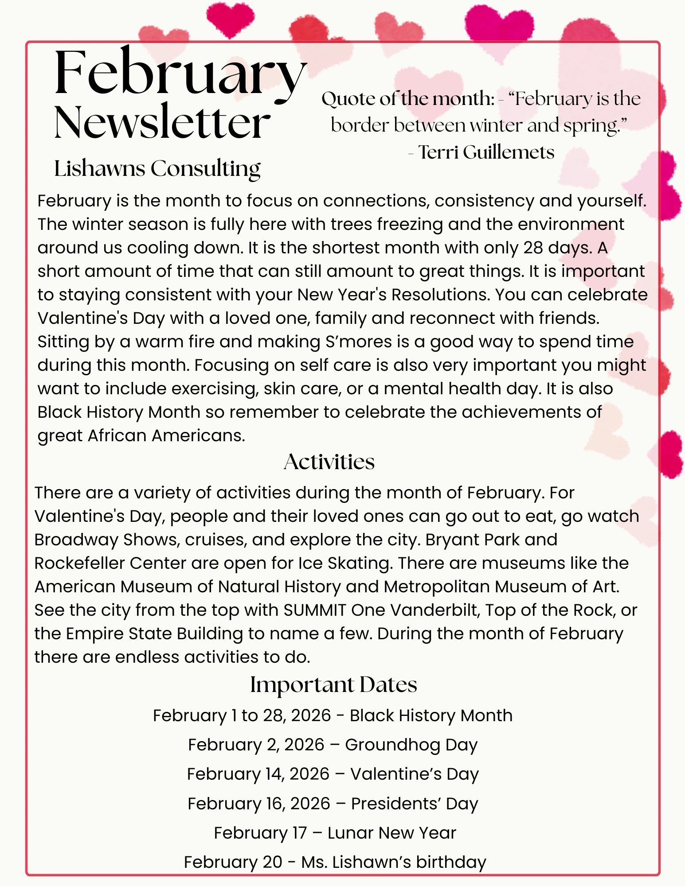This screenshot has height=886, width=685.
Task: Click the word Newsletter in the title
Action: click(162, 122)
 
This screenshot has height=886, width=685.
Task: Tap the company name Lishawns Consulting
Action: click(157, 168)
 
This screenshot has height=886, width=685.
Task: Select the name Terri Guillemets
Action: click(486, 152)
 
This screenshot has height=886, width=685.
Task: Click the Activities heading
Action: click(329, 462)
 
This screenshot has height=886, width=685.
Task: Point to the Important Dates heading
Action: click(333, 684)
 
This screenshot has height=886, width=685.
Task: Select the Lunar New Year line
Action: click(335, 833)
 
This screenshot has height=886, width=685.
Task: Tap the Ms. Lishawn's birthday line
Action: click(335, 862)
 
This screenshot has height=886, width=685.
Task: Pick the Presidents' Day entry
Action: click(333, 804)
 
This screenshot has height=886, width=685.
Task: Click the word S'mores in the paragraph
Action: click(359, 342)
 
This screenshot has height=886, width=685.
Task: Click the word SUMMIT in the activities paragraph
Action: click(314, 610)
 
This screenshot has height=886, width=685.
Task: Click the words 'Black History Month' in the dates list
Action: click(431, 715)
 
